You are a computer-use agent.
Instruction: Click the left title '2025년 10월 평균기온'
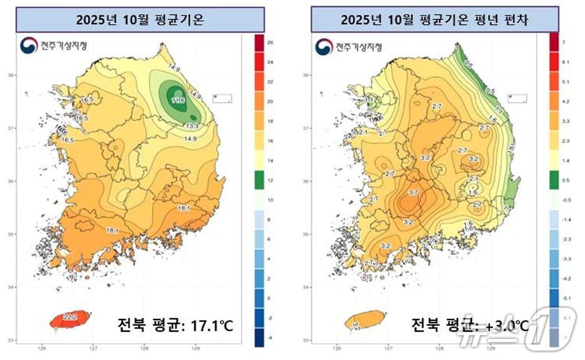click(140, 20)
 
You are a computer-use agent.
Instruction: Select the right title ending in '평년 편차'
click(435, 20)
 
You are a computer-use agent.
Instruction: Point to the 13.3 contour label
click(191, 126)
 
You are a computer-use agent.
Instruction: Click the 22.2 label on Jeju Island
click(70, 317)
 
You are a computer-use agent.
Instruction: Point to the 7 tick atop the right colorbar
click(563, 42)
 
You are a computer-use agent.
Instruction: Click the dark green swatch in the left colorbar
click(259, 180)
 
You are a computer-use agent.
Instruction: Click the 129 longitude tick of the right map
click(491, 347)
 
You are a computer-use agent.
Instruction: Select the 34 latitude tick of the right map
click(305, 287)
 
